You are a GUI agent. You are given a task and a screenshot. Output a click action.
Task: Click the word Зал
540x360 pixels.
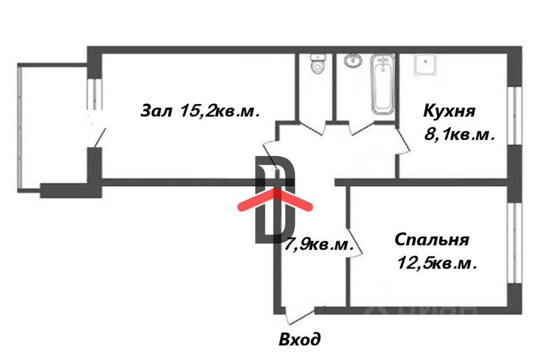156,111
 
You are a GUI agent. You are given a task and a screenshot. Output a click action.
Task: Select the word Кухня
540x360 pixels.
449,111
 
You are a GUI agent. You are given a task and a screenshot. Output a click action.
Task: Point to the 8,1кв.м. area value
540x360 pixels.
460,134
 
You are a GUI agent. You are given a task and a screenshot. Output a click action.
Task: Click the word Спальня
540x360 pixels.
432,240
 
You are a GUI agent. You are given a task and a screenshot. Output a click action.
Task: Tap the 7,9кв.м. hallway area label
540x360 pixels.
319,244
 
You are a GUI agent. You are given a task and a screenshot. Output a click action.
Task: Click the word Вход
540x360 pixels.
300,339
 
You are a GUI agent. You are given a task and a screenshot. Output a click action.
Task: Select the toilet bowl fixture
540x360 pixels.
317,64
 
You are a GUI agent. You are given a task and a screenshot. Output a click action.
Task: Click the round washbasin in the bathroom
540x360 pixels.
353,61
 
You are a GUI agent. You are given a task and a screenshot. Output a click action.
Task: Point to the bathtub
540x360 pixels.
382,85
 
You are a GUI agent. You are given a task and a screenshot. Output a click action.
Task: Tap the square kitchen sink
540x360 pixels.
426,64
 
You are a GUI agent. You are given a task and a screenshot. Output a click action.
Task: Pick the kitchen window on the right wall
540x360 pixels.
515,115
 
